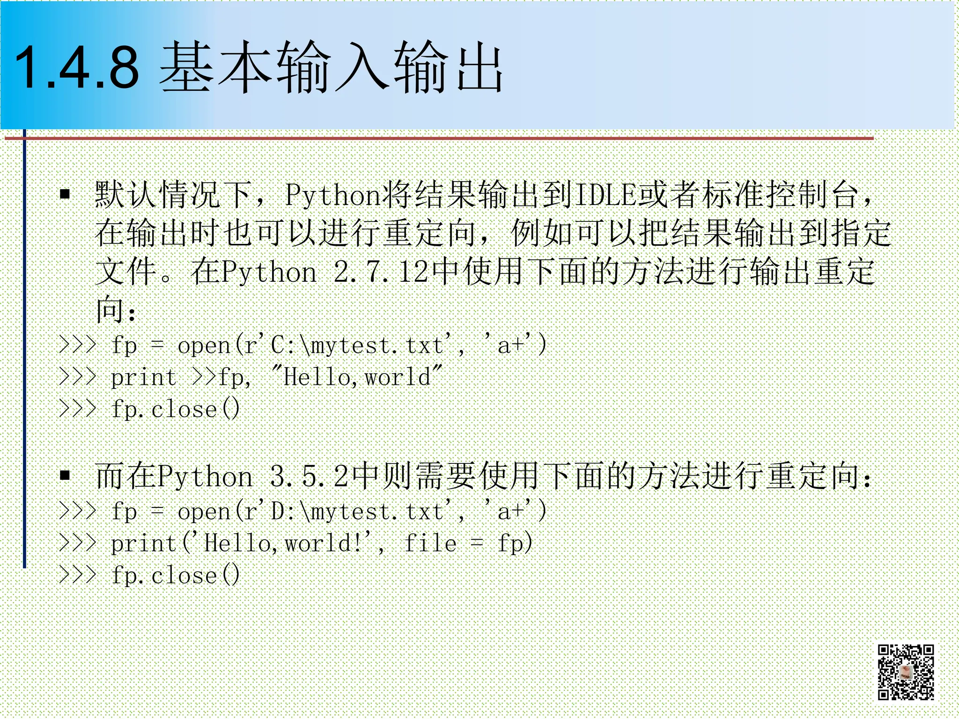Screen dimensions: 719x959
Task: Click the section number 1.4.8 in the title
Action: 77,67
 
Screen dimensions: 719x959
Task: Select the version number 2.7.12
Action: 381,271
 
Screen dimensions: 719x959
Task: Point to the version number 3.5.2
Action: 309,476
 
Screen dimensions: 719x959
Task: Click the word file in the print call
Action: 430,543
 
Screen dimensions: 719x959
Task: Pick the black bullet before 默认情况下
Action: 65,194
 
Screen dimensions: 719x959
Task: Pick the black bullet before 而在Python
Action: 65,476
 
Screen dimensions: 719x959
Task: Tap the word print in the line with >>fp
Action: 143,377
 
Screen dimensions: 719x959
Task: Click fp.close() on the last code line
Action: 176,575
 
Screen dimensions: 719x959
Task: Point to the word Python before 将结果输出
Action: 332,195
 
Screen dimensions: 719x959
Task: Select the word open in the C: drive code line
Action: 204,346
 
